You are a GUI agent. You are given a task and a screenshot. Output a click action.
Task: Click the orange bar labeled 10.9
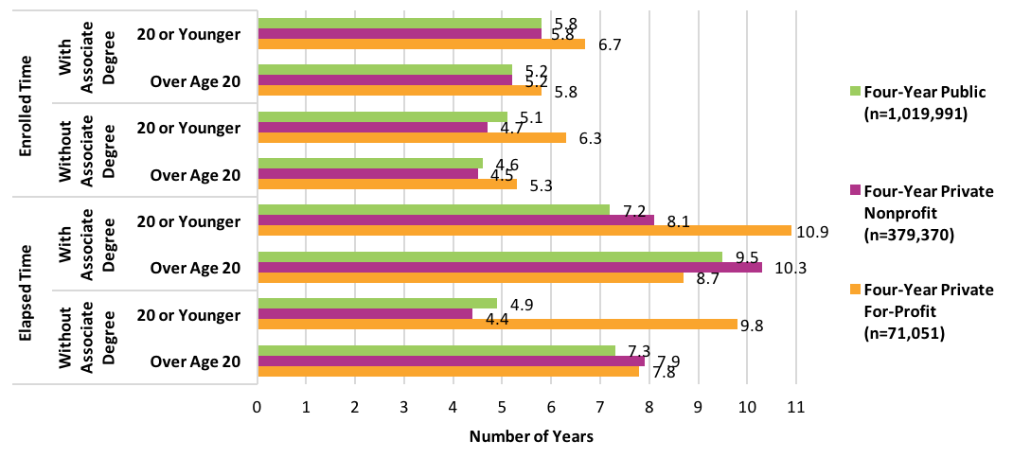(x=524, y=231)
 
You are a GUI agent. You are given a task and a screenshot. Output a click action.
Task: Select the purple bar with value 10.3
(x=509, y=268)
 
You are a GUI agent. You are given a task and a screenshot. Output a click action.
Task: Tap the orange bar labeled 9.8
(x=497, y=324)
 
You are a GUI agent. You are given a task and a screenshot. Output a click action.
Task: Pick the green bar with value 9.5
(x=489, y=256)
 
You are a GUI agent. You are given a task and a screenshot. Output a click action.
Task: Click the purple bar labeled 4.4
(x=364, y=313)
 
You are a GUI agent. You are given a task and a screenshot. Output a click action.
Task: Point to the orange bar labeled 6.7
(x=421, y=44)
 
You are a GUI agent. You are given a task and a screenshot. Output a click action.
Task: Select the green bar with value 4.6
(x=370, y=163)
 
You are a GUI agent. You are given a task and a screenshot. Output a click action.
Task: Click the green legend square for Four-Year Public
(x=855, y=92)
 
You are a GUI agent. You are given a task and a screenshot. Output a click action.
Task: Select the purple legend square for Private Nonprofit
(x=855, y=191)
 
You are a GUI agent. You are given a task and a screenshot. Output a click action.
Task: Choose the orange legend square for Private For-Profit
(x=855, y=290)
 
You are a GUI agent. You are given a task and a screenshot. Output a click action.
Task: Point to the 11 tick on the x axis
(x=795, y=407)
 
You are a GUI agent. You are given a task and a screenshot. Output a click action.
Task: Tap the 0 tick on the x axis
(x=257, y=407)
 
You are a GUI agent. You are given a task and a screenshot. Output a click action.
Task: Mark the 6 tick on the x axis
(x=551, y=407)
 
